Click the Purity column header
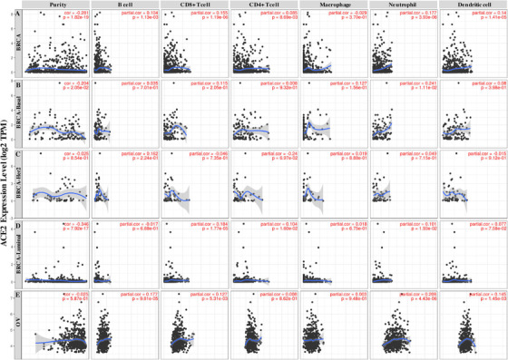(58, 5)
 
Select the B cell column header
(123, 5)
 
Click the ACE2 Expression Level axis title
(6, 181)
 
